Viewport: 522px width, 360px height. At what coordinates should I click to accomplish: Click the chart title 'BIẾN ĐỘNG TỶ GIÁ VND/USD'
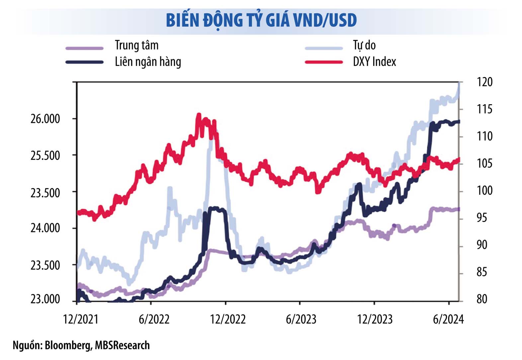coord(261,21)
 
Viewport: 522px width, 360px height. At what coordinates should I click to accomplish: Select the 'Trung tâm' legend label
coord(136,45)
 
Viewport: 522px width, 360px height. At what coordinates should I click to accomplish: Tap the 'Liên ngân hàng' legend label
coord(148,62)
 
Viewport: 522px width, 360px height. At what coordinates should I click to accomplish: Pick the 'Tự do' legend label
coord(364,45)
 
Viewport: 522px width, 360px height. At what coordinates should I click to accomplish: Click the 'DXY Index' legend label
coord(374,62)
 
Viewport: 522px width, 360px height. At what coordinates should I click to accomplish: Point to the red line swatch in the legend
coord(323,62)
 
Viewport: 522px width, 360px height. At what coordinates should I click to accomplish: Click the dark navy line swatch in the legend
coord(84,62)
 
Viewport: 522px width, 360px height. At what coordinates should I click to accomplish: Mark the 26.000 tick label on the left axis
coord(45,119)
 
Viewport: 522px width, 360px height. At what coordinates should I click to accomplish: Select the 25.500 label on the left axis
coord(45,155)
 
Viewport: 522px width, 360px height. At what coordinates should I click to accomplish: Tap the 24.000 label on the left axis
coord(45,228)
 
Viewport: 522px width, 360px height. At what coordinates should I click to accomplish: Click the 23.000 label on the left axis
coord(45,299)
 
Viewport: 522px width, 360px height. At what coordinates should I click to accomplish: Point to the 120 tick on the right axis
coord(484,82)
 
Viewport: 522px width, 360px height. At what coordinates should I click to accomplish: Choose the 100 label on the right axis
coord(484,190)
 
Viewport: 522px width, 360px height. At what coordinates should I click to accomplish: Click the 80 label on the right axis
coord(482,299)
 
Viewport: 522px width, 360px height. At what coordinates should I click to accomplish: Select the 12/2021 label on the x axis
coord(81,319)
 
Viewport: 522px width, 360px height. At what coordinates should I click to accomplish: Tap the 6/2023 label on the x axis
coord(301,319)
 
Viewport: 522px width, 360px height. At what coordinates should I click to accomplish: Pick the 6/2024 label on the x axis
coord(448,319)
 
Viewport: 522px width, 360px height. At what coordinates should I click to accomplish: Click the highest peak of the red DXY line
coord(199,115)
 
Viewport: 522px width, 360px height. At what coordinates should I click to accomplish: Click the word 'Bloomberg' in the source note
coord(68,345)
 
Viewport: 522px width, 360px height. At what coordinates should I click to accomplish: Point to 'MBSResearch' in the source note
coord(122,345)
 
